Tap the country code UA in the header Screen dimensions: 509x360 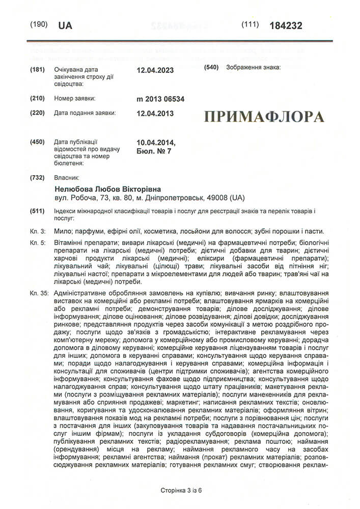click(x=66, y=25)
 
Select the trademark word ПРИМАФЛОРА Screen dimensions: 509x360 click(x=264, y=117)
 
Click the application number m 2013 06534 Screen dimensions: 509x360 click(x=160, y=99)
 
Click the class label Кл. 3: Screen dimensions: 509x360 click(x=39, y=231)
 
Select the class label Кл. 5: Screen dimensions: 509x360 click(x=39, y=244)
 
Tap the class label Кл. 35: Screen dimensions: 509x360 click(x=40, y=294)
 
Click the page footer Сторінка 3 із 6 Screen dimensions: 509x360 click(x=181, y=490)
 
